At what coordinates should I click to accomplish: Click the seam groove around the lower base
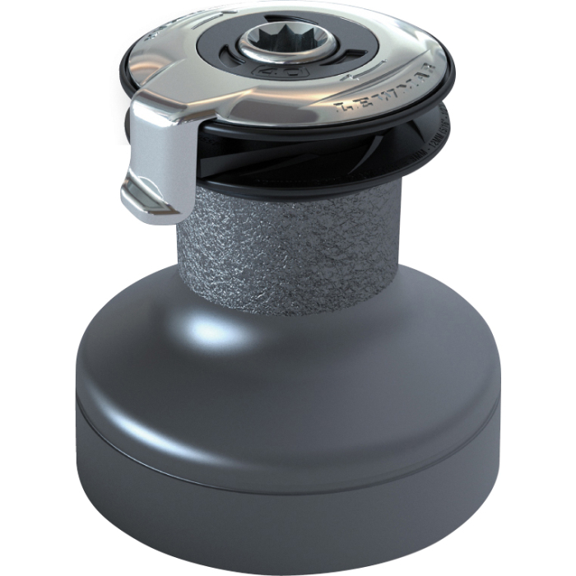pos(288,457)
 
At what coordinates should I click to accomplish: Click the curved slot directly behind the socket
pos(284,21)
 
